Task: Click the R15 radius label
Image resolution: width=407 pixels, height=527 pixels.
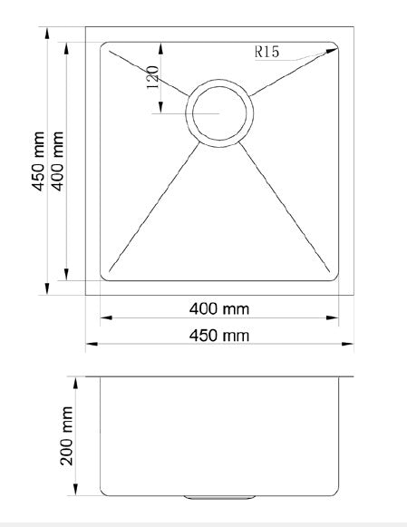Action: click(x=266, y=52)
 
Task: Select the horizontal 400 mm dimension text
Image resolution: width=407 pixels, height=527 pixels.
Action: click(x=218, y=308)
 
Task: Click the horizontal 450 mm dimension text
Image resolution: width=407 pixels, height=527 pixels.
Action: click(x=218, y=336)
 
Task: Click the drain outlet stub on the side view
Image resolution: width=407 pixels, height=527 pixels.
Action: click(x=218, y=497)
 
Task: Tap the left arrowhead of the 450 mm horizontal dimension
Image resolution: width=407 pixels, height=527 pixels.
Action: click(x=90, y=345)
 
